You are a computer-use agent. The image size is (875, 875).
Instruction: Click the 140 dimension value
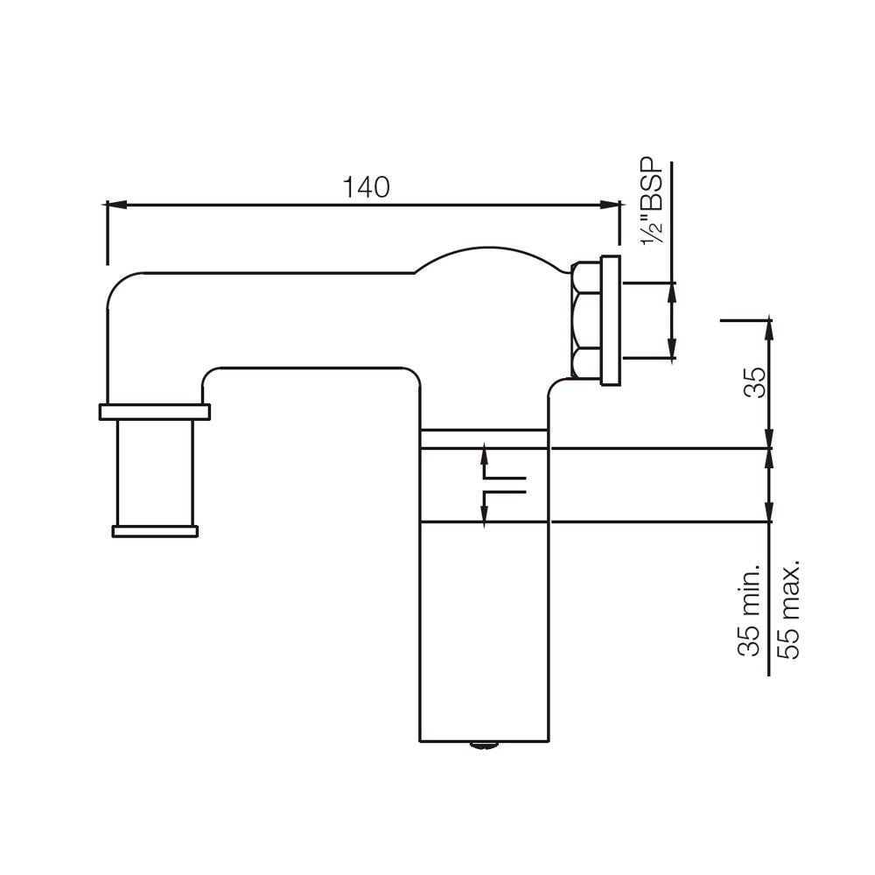pyautogui.click(x=365, y=186)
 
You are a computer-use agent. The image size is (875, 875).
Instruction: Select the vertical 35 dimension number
pyautogui.click(x=753, y=382)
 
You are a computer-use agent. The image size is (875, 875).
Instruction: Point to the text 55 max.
pyautogui.click(x=789, y=610)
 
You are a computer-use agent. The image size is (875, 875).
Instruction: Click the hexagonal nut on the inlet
pyautogui.click(x=583, y=319)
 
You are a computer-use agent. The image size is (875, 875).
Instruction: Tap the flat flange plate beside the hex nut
pyautogui.click(x=610, y=319)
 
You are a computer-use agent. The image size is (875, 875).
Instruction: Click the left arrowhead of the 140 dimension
pyautogui.click(x=114, y=206)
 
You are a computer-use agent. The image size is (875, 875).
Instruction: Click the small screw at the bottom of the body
pyautogui.click(x=481, y=745)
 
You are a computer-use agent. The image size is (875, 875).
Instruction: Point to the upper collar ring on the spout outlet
pyautogui.click(x=155, y=411)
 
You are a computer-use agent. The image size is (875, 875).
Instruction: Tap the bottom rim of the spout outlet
pyautogui.click(x=155, y=529)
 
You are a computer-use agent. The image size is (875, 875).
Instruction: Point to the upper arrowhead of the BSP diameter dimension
pyautogui.click(x=671, y=289)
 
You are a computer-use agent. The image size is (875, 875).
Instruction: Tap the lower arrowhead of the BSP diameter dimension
pyautogui.click(x=671, y=352)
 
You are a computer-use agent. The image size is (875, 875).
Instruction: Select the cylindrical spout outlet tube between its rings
pyautogui.click(x=155, y=472)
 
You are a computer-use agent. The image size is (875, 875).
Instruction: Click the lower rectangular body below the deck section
pyautogui.click(x=484, y=630)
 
